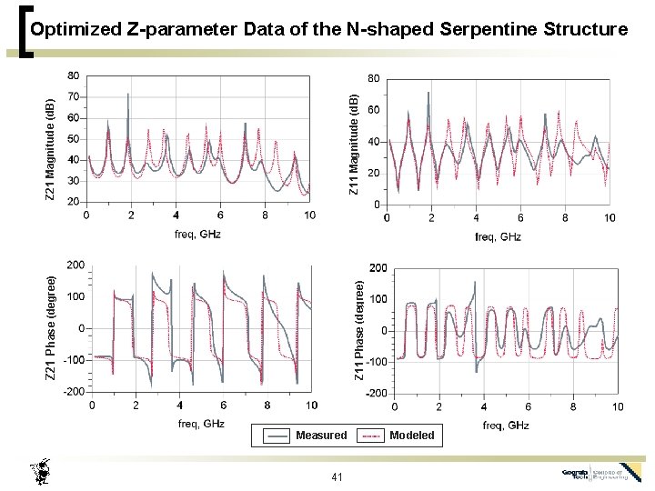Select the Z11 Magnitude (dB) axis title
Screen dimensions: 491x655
355,138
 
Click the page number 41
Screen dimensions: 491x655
337,477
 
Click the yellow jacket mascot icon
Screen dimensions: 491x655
39,473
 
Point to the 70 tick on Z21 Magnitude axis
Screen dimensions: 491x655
73,96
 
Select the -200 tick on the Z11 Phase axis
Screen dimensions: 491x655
375,394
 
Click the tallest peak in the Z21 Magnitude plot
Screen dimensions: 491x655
128,95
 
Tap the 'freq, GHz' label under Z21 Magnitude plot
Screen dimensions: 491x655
197,234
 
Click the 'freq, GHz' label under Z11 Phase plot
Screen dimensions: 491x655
506,426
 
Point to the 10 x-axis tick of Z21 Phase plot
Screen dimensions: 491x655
311,406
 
